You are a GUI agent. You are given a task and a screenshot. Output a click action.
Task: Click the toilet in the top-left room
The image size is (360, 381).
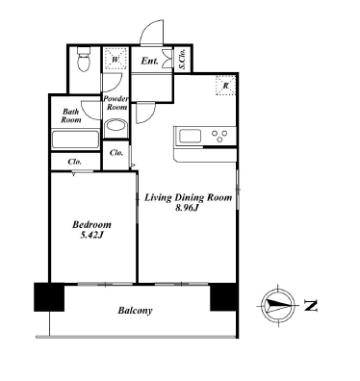(x=85, y=59)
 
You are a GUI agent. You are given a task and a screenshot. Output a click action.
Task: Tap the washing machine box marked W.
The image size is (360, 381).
(x=116, y=59)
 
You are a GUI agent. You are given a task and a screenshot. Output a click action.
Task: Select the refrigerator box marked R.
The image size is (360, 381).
(x=225, y=86)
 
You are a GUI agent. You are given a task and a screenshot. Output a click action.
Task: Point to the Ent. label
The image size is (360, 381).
(x=149, y=61)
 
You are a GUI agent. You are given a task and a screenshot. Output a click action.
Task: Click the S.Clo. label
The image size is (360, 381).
(x=183, y=60)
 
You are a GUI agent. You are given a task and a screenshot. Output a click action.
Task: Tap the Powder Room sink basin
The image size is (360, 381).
(x=116, y=126)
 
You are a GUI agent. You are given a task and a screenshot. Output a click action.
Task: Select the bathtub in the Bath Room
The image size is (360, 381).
(x=76, y=140)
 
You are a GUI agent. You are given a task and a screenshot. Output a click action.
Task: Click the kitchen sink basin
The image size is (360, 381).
(x=190, y=137)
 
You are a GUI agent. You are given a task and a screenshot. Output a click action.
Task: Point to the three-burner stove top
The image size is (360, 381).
(x=219, y=136)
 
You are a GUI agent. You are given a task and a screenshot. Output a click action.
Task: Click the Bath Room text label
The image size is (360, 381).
(x=71, y=115)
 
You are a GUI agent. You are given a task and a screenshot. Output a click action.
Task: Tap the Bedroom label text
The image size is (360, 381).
(x=91, y=224)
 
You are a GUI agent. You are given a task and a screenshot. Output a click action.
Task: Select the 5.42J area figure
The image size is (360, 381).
(x=91, y=236)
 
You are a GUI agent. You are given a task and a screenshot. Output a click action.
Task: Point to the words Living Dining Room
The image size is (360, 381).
(x=188, y=197)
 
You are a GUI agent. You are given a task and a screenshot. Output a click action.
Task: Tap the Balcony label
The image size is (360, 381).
(x=135, y=311)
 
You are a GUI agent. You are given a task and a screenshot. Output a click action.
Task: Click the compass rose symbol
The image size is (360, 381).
(x=278, y=305)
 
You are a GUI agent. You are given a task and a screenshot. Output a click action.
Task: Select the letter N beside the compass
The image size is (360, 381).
(x=311, y=306)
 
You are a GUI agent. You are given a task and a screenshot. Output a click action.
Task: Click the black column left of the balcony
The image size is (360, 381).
(x=49, y=297)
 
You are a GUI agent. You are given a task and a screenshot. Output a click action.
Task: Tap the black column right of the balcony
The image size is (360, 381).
(x=224, y=297)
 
